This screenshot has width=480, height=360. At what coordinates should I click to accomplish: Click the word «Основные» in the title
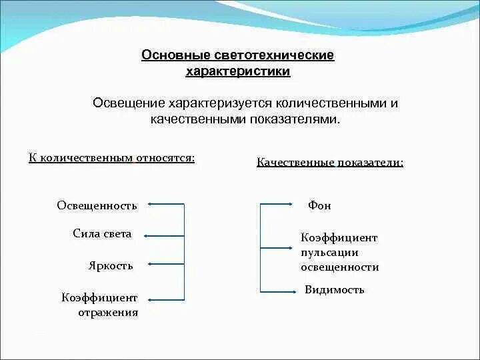click(177, 55)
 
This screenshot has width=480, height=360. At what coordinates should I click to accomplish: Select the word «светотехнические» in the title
click(275, 55)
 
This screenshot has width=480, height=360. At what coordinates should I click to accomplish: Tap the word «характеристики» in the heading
click(238, 71)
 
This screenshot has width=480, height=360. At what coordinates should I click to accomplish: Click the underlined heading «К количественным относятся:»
click(112, 158)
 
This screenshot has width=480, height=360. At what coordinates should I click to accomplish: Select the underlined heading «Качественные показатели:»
click(330, 163)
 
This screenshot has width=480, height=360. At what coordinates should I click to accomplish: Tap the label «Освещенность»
click(97, 205)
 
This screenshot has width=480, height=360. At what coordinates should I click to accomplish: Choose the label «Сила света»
click(102, 234)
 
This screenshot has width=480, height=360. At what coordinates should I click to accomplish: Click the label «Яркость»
click(111, 265)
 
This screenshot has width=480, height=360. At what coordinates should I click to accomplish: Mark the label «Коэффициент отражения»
click(99, 305)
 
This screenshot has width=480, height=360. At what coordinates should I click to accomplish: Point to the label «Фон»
click(319, 205)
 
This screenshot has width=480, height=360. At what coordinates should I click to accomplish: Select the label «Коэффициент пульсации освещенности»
click(339, 252)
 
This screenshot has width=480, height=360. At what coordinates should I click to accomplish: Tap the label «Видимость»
click(335, 290)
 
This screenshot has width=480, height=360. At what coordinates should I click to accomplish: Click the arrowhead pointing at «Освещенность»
click(150, 205)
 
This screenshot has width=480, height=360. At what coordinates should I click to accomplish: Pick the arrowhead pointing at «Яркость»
click(150, 264)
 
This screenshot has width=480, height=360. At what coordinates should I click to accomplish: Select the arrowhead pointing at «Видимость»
click(291, 291)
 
